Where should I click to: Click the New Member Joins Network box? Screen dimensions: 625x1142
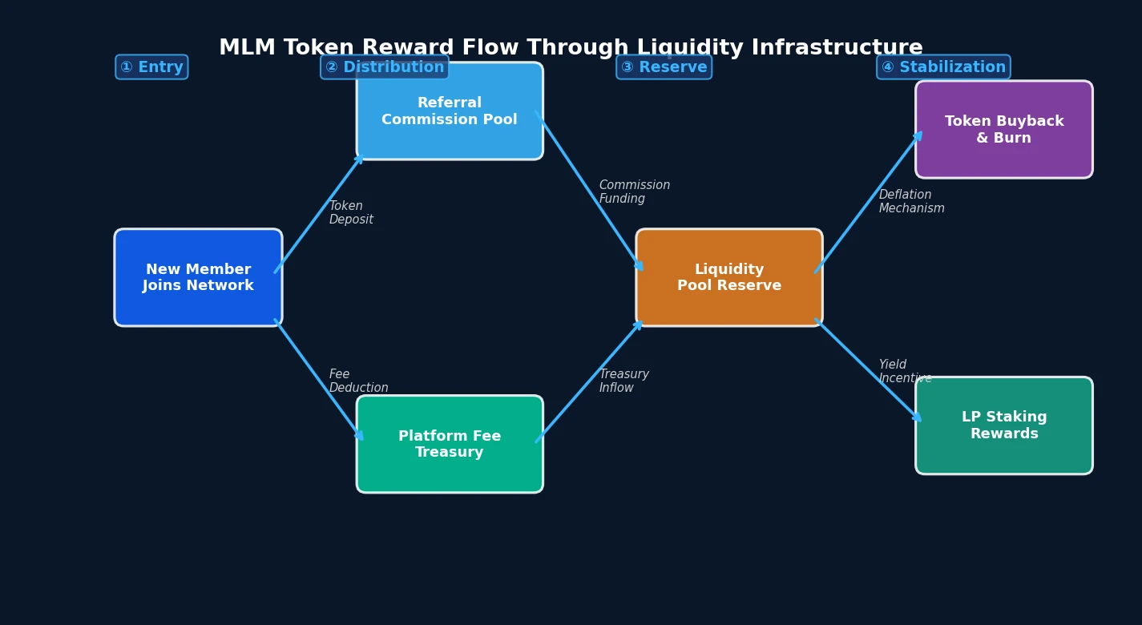tap(198, 277)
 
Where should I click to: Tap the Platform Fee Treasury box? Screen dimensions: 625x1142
tap(450, 444)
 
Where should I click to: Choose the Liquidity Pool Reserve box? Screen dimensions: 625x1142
tap(728, 277)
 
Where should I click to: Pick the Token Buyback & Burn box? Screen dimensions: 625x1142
tap(1003, 129)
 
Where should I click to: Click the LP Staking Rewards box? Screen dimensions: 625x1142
tap(1003, 425)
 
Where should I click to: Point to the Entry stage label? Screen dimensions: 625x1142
tap(151, 67)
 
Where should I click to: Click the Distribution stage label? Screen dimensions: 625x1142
tap(385, 67)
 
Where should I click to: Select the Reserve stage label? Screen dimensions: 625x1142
tap(664, 67)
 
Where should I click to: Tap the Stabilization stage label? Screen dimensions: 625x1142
tap(943, 67)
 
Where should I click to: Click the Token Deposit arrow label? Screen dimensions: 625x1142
tap(351, 213)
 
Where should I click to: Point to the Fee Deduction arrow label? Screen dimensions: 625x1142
tap(358, 381)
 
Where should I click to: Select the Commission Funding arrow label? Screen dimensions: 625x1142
tap(634, 192)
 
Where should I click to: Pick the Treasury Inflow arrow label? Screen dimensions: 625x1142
tap(623, 381)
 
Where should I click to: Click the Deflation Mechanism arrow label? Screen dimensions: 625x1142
tap(911, 202)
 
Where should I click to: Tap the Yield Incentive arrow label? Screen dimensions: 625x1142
tap(904, 372)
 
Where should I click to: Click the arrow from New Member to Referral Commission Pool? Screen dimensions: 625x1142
tap(318, 214)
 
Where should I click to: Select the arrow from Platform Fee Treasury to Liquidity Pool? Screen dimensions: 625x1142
tap(589, 381)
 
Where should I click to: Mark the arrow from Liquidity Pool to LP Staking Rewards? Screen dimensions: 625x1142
tap(868, 369)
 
